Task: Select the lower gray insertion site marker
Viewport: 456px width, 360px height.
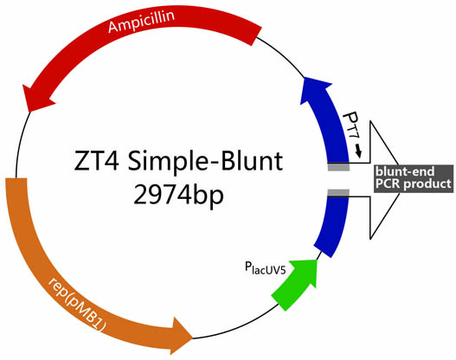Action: pos(337,191)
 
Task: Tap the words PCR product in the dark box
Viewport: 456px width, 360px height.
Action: pos(412,183)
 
